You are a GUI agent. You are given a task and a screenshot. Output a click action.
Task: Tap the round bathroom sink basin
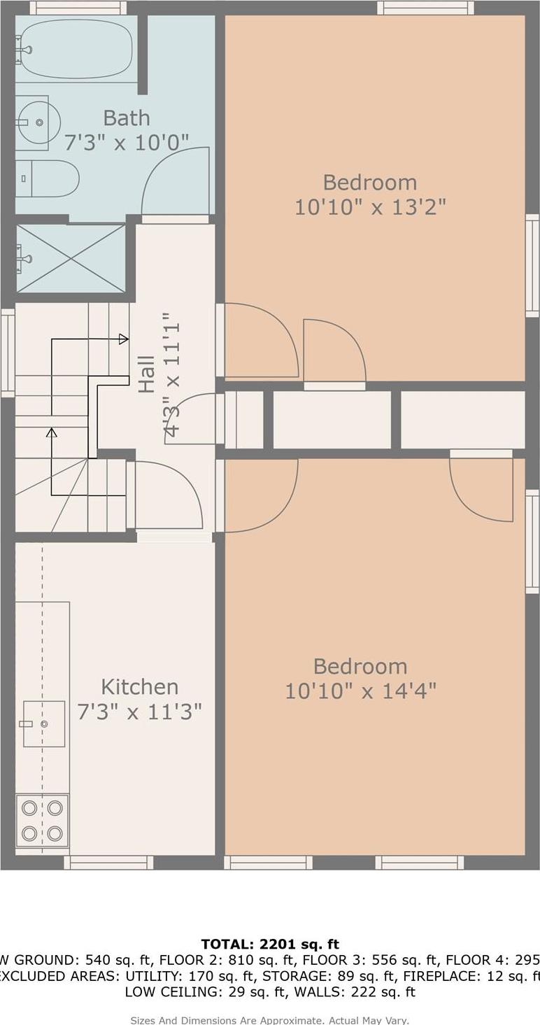[36, 122]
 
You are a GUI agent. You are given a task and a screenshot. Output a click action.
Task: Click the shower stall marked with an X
[71, 258]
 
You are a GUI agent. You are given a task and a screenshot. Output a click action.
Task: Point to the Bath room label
[127, 118]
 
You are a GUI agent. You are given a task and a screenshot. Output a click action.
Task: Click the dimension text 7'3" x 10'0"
[127, 143]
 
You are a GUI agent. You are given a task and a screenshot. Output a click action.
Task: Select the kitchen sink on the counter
[43, 723]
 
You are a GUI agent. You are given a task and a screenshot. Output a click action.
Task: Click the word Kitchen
[139, 686]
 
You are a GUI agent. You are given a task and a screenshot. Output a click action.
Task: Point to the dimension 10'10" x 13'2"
[370, 207]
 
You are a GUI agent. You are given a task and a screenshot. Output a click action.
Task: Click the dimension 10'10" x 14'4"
[360, 691]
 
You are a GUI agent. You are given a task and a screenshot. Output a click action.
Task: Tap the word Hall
[146, 374]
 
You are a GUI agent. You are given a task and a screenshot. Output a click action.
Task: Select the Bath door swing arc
[175, 178]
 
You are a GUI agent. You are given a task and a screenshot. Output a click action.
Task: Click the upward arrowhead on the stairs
[51, 432]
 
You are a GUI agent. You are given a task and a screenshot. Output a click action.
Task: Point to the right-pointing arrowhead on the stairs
[124, 339]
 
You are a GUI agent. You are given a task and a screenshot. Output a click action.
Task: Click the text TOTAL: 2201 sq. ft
[270, 945]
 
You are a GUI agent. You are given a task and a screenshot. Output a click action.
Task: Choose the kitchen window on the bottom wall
[108, 862]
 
